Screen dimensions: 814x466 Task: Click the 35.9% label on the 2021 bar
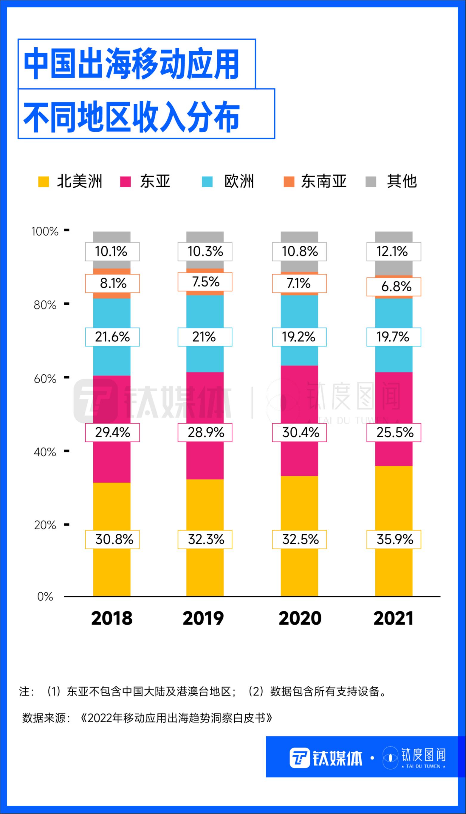tap(394, 540)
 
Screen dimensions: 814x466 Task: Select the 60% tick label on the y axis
tap(45, 379)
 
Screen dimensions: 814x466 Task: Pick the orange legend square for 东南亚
tap(289, 182)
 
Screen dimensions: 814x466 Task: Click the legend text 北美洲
tap(80, 181)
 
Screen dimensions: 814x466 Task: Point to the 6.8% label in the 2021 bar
tap(394, 287)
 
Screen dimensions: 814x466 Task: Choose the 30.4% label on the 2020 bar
tap(300, 432)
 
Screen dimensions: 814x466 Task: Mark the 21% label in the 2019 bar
tap(205, 337)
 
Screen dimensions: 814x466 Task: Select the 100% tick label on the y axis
tap(45, 231)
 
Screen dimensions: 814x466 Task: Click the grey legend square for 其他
tap(371, 182)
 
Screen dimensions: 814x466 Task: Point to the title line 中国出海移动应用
tap(131, 64)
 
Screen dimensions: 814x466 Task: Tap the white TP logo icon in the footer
tap(300, 758)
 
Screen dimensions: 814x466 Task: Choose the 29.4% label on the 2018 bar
tap(112, 432)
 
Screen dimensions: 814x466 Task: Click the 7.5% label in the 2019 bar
tap(205, 282)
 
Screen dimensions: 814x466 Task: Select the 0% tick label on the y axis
tap(45, 597)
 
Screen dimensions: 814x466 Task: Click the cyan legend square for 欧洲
tap(208, 182)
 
